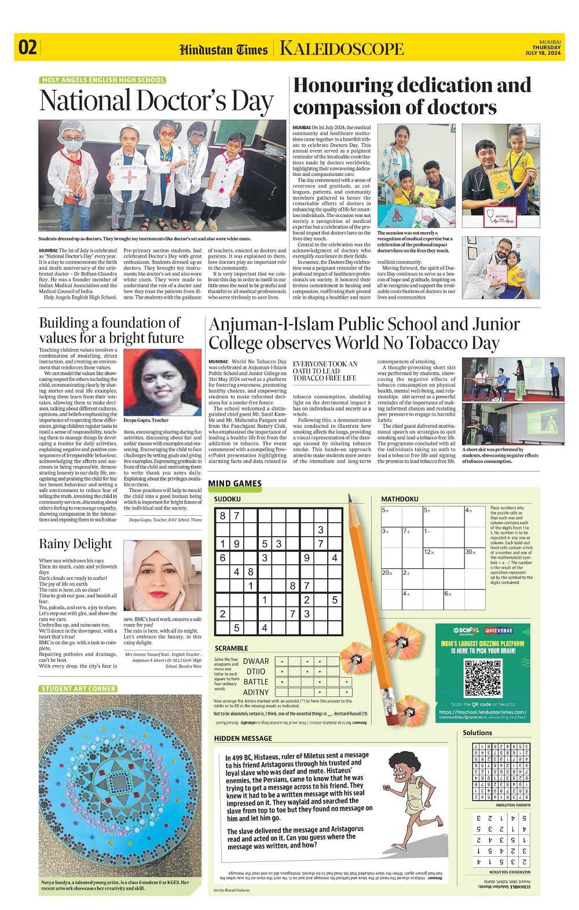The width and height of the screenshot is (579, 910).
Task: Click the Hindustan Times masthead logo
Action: (x=223, y=49)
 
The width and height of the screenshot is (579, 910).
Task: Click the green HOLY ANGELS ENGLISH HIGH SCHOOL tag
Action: (x=103, y=80)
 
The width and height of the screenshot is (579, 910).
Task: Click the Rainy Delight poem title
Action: (x=75, y=544)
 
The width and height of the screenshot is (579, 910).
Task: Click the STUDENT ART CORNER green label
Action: (x=78, y=688)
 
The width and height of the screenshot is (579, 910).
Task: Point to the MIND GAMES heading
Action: (x=235, y=483)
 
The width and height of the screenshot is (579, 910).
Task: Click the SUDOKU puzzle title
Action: (x=227, y=498)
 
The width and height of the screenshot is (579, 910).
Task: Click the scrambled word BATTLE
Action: (x=256, y=682)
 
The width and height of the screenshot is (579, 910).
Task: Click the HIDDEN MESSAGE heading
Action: (x=243, y=738)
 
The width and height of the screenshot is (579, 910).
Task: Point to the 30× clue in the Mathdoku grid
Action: (x=470, y=552)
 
